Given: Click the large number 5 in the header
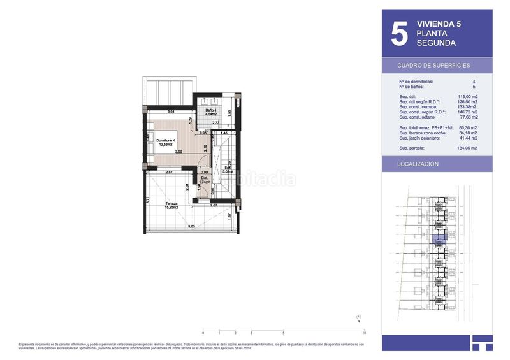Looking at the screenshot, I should pos(398,34).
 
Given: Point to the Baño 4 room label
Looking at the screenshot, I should pos(211,113).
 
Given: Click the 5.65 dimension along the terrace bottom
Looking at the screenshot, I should pos(190,227).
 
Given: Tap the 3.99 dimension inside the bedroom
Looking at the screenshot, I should pos(179,152).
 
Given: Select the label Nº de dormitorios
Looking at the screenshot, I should pos(416,82).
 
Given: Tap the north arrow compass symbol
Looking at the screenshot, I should pos(359,317).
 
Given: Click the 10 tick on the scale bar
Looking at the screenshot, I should pos(363,333).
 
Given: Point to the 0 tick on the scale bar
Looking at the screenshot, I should pos(203,333).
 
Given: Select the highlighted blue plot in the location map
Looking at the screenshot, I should pos(438,241).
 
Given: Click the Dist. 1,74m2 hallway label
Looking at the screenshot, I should pos(205,180).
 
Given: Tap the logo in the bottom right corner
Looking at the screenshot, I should pos(482,342).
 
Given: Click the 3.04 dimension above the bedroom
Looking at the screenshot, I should pos(171,112).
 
